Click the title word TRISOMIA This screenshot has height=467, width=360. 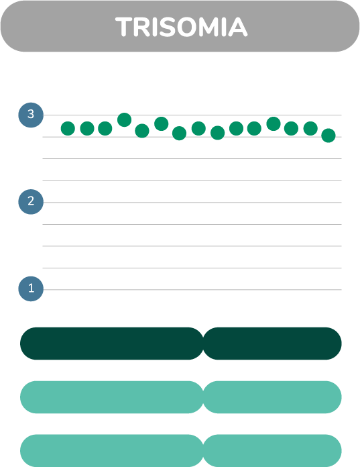181,27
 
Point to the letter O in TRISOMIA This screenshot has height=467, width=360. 186,27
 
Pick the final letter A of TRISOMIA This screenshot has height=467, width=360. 238,27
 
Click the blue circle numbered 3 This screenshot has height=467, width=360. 31,115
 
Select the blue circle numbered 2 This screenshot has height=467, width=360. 31,202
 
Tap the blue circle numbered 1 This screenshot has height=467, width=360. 31,289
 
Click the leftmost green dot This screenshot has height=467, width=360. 68,129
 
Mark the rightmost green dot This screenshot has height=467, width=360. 328,136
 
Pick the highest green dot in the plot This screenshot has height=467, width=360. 125,120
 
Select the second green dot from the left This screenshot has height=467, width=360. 87,129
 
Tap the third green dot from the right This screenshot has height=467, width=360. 291,129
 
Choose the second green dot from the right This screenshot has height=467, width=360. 310,129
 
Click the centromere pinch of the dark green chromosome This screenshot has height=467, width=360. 204,344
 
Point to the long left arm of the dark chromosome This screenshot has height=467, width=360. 112,344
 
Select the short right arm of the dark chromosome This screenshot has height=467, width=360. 273,344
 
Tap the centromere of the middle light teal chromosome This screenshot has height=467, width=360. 204,397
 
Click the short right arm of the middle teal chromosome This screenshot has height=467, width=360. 273,397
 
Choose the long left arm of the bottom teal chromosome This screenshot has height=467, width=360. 112,451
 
